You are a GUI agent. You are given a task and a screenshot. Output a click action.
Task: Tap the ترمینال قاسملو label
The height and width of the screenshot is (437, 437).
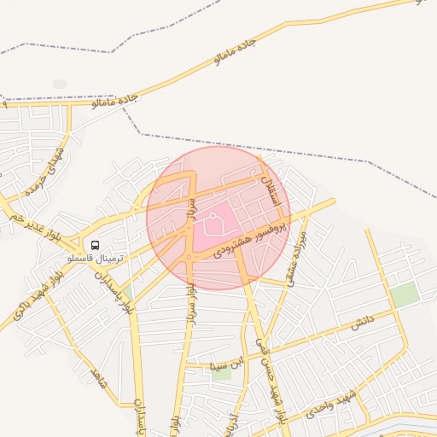coord(96,257)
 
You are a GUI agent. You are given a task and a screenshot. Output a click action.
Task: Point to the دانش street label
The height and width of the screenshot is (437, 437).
coord(363,323)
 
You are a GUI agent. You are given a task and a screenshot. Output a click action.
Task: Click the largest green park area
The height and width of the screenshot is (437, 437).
coord(405,296)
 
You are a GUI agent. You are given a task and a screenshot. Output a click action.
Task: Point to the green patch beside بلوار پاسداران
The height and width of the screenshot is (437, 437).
coord(130,291)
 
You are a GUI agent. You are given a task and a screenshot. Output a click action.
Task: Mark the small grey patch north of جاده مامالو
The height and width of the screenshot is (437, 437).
coord(59,84)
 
